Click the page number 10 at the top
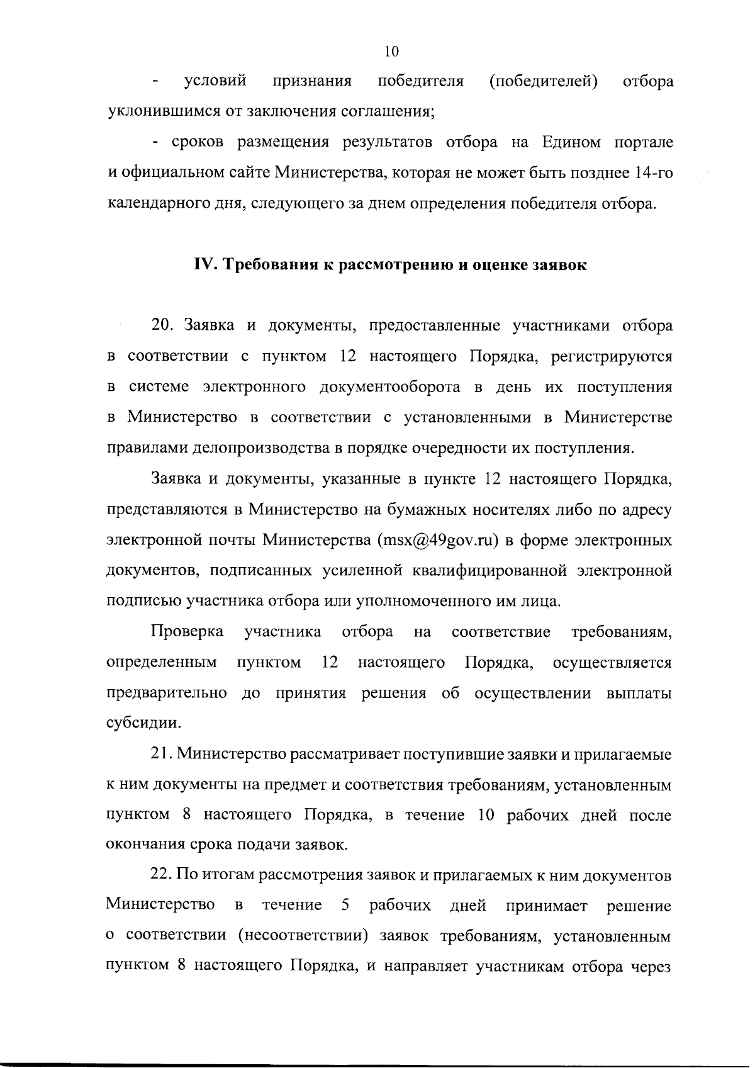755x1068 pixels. point(391,51)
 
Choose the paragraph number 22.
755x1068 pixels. point(162,875)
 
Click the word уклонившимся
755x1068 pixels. point(159,113)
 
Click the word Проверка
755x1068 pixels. point(187,632)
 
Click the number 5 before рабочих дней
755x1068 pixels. point(345,906)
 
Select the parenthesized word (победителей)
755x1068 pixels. point(543,81)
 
